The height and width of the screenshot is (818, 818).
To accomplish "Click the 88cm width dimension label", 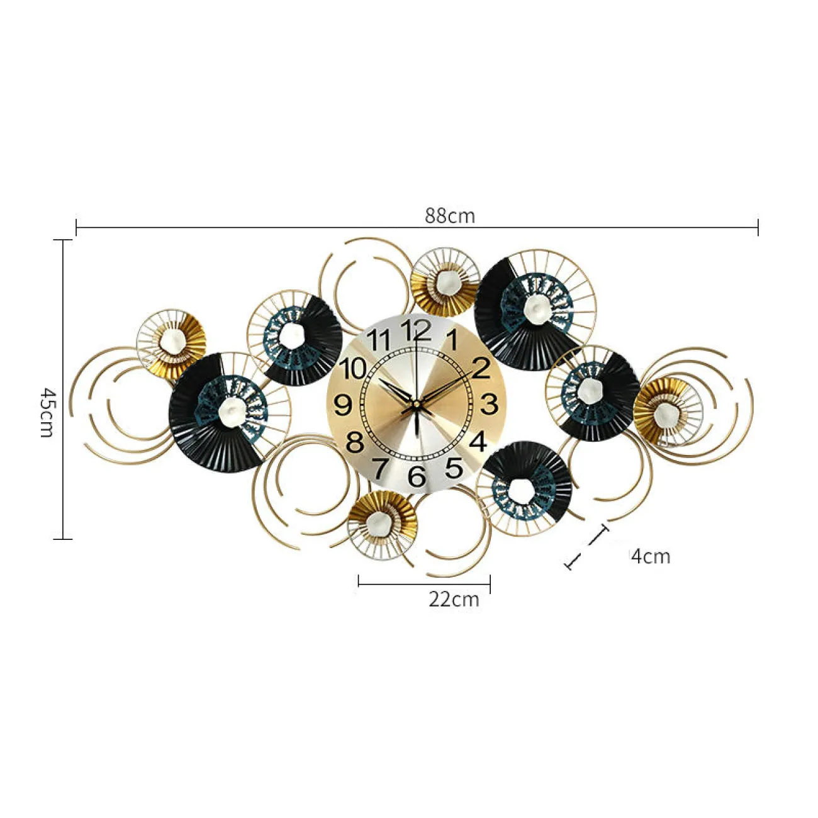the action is point(449,216).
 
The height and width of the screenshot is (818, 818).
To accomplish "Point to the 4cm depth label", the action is point(651,556).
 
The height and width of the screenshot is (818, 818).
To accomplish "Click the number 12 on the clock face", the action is point(415,330).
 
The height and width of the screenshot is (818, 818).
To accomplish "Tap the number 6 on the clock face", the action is point(417,476).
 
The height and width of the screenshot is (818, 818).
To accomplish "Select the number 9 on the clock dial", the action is point(344,405).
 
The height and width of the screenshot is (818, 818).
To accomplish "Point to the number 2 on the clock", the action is point(481,367).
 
